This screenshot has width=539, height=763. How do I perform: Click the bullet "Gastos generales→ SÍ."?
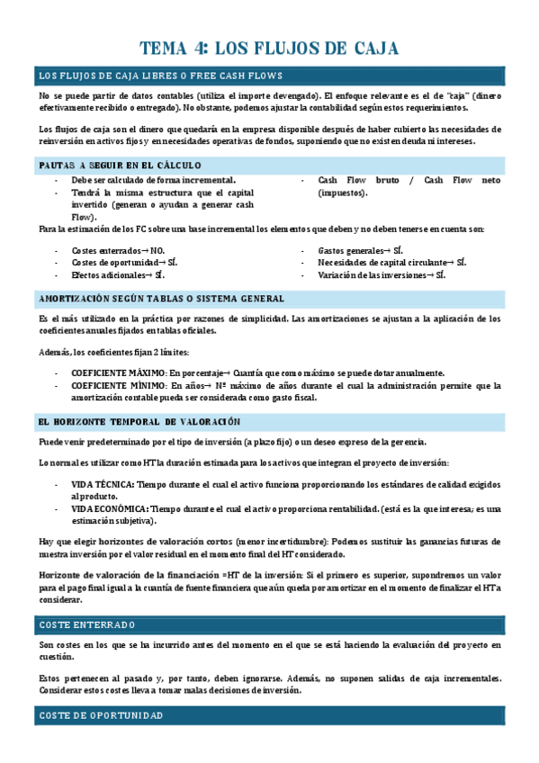pyautogui.click(x=360, y=250)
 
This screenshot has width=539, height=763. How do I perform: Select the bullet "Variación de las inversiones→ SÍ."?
pyautogui.click(x=382, y=275)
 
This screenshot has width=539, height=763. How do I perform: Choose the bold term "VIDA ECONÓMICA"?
pyautogui.click(x=109, y=509)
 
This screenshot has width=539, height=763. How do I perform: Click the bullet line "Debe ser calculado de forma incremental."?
pyautogui.click(x=153, y=181)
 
